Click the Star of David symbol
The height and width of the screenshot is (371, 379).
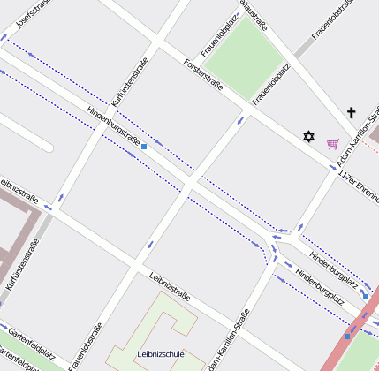click(308, 136)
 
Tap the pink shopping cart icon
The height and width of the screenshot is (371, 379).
click(332, 143)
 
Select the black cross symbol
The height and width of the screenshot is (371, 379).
click(351, 112)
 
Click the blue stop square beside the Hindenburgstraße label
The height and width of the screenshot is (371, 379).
click(144, 147)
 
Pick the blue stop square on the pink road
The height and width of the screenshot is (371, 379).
click(347, 336)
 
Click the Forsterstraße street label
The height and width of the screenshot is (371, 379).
click(202, 77)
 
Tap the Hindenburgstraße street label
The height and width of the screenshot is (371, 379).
click(113, 126)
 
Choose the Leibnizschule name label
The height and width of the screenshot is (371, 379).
click(161, 354)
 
